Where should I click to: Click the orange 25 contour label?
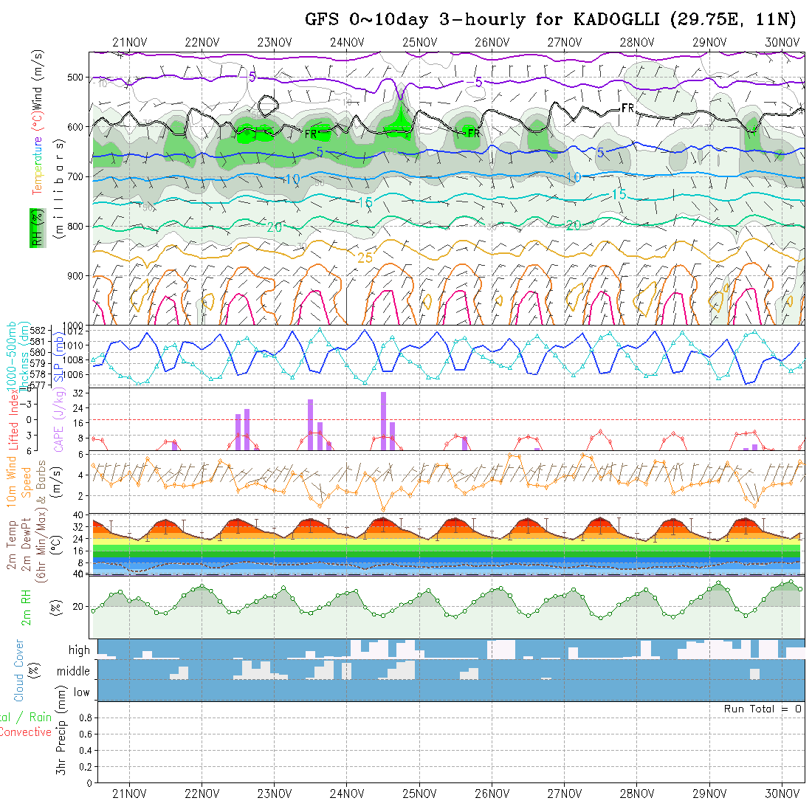point(365,258)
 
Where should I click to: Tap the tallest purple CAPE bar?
point(384,421)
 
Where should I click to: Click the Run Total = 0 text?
point(763,709)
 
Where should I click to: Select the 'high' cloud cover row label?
point(79,650)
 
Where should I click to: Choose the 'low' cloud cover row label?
point(81,692)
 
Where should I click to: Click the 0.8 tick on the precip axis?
point(84,718)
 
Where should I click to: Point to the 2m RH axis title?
point(26,607)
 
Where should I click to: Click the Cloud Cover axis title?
point(20,670)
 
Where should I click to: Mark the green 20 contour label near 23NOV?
point(274,227)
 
